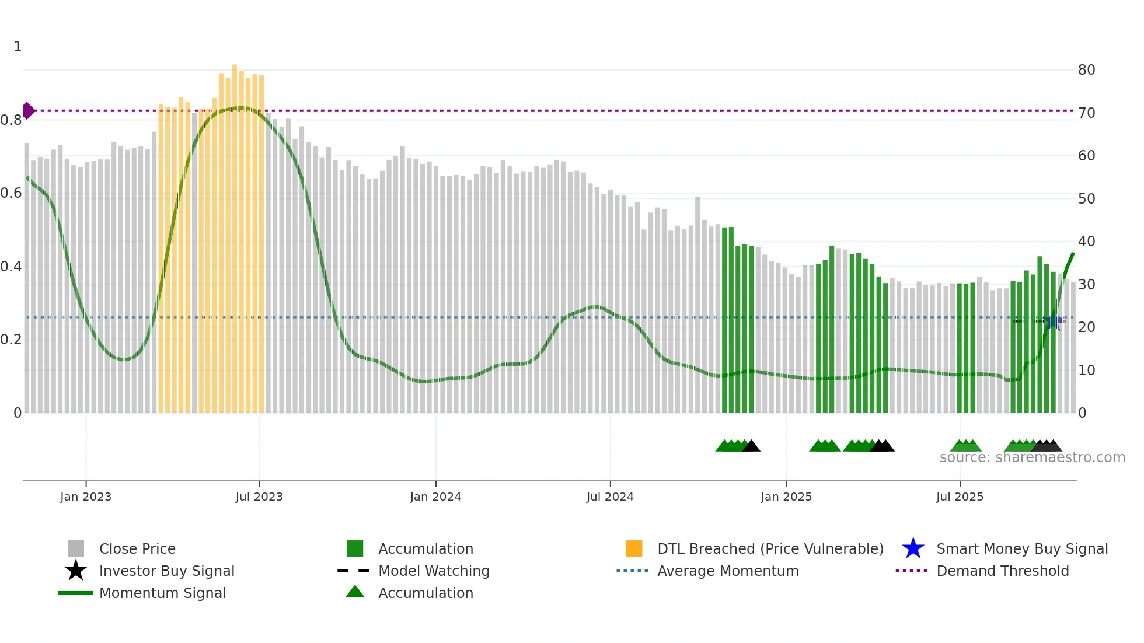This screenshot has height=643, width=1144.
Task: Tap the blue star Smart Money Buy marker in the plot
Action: point(1054,321)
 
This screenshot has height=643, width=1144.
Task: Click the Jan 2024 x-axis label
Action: point(435,497)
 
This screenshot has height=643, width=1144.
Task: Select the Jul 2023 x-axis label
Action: point(259,497)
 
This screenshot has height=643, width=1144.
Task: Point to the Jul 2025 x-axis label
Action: point(960,497)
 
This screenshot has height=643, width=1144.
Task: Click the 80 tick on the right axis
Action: point(1086,70)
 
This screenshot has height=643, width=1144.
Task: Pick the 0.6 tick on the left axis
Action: point(11,193)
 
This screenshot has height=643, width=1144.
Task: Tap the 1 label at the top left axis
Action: point(18,47)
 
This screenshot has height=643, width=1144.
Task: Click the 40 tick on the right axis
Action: point(1086,242)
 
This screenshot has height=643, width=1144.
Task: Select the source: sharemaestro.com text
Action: point(1032,457)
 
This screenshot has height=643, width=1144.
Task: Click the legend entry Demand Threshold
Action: point(1002,571)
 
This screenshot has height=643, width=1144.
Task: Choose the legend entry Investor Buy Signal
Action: point(166,571)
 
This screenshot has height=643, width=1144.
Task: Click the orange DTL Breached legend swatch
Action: point(634,548)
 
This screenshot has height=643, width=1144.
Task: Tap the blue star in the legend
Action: point(913,548)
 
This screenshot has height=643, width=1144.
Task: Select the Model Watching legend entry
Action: point(433,571)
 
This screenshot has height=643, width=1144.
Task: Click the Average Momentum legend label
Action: point(727,571)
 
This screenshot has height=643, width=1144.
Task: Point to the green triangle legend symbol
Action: point(355,592)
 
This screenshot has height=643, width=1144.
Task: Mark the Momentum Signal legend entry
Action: point(162,593)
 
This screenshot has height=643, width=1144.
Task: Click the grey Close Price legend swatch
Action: point(76,548)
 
